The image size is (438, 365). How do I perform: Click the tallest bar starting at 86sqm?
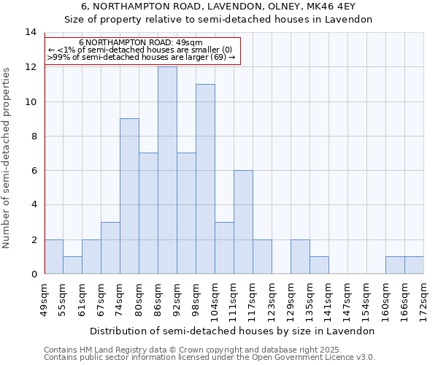click(x=167, y=170)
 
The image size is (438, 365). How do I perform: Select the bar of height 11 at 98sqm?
click(x=205, y=179)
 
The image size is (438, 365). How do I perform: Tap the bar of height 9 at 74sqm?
click(x=129, y=196)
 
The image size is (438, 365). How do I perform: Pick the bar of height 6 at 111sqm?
click(x=243, y=222)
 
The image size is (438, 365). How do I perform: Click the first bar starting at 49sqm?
click(x=53, y=256)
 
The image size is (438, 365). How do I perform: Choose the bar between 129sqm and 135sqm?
click(x=300, y=256)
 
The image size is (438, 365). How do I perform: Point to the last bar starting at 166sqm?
click(x=414, y=265)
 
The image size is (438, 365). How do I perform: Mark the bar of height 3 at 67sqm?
click(x=110, y=248)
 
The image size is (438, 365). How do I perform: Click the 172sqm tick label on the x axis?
click(x=423, y=297)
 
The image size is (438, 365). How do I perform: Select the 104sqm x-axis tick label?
click(x=215, y=297)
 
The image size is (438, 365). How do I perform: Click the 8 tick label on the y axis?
click(x=33, y=136)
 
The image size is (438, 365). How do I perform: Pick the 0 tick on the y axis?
click(x=33, y=274)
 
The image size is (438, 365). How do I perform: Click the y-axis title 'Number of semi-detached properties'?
click(x=7, y=158)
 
